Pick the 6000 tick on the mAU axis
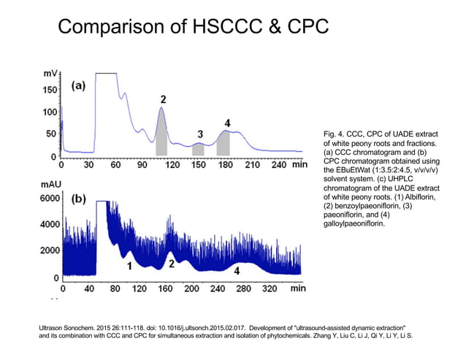(45, 199)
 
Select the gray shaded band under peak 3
(198, 149)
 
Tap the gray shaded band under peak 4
(224, 143)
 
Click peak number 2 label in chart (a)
(163, 99)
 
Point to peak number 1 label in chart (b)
(129, 267)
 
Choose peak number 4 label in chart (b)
(237, 270)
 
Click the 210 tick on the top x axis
(251, 166)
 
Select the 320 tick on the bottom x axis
(269, 289)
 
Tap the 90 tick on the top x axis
(142, 166)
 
